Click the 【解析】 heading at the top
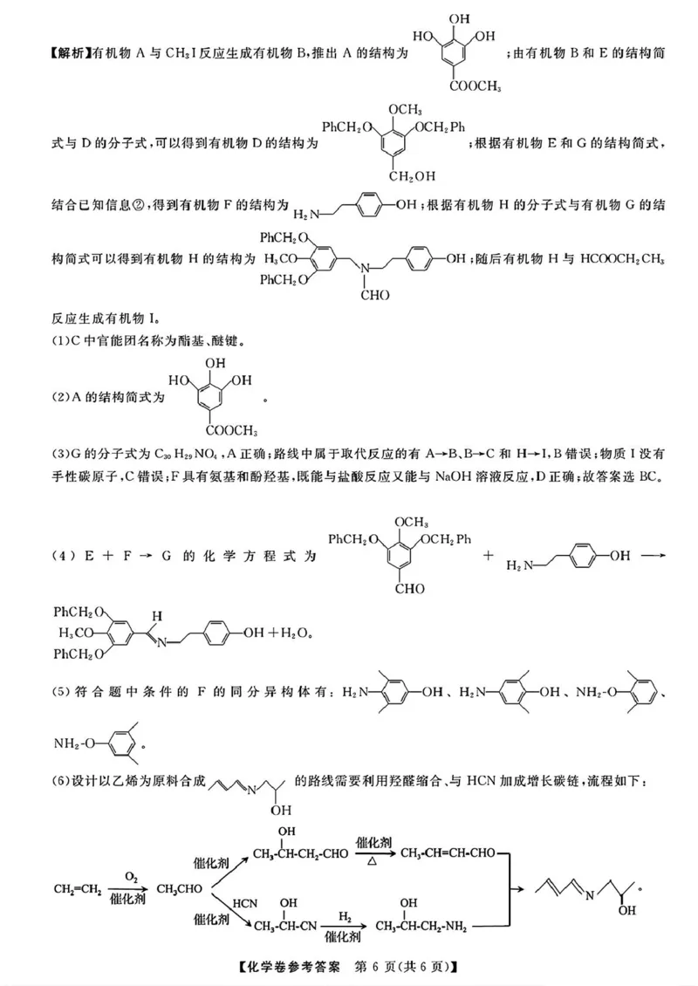click(x=51, y=54)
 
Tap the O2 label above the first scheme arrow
click(x=131, y=875)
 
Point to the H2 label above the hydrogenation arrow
click(x=345, y=918)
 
